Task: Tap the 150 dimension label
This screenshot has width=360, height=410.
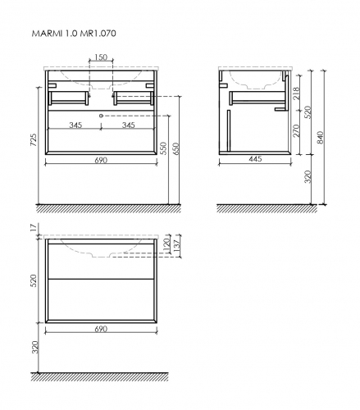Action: click(100, 58)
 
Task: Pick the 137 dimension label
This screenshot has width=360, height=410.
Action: click(175, 248)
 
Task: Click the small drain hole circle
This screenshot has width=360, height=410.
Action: click(101, 116)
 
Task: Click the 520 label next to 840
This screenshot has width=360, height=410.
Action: click(308, 111)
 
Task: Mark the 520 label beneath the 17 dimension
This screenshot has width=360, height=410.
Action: click(33, 281)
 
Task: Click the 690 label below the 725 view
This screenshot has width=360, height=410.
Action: click(100, 162)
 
